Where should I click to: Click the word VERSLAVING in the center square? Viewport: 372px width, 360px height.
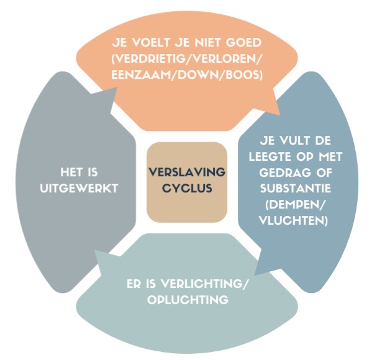187,172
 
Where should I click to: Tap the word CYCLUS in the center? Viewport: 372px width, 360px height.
187,188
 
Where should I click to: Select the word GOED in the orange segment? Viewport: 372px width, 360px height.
243,43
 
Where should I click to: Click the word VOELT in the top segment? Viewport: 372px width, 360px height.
151,43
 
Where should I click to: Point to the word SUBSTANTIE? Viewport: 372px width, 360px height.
296,189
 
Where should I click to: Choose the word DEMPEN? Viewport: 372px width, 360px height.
294,205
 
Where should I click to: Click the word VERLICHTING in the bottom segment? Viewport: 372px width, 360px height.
202,284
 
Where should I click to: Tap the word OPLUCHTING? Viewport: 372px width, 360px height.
188,300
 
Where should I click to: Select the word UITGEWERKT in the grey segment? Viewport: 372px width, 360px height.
79,189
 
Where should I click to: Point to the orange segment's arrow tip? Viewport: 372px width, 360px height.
280,115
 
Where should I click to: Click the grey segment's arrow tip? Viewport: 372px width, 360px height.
117,87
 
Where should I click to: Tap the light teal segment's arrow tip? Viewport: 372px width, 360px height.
95,250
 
